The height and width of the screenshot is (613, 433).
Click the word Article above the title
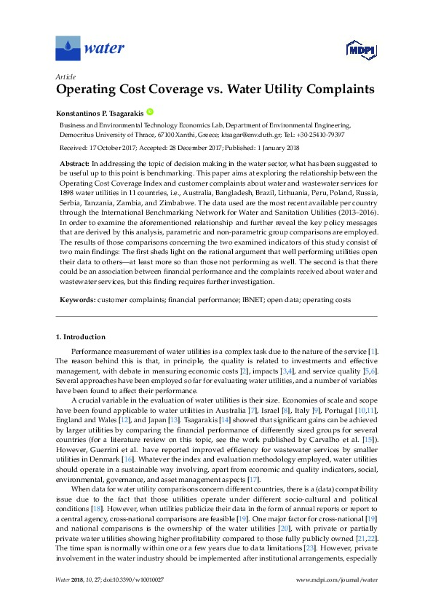[65, 76]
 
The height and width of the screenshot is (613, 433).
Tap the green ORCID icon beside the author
[150, 112]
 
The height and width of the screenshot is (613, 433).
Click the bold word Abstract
[75, 165]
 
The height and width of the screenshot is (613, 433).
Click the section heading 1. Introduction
[81, 337]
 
